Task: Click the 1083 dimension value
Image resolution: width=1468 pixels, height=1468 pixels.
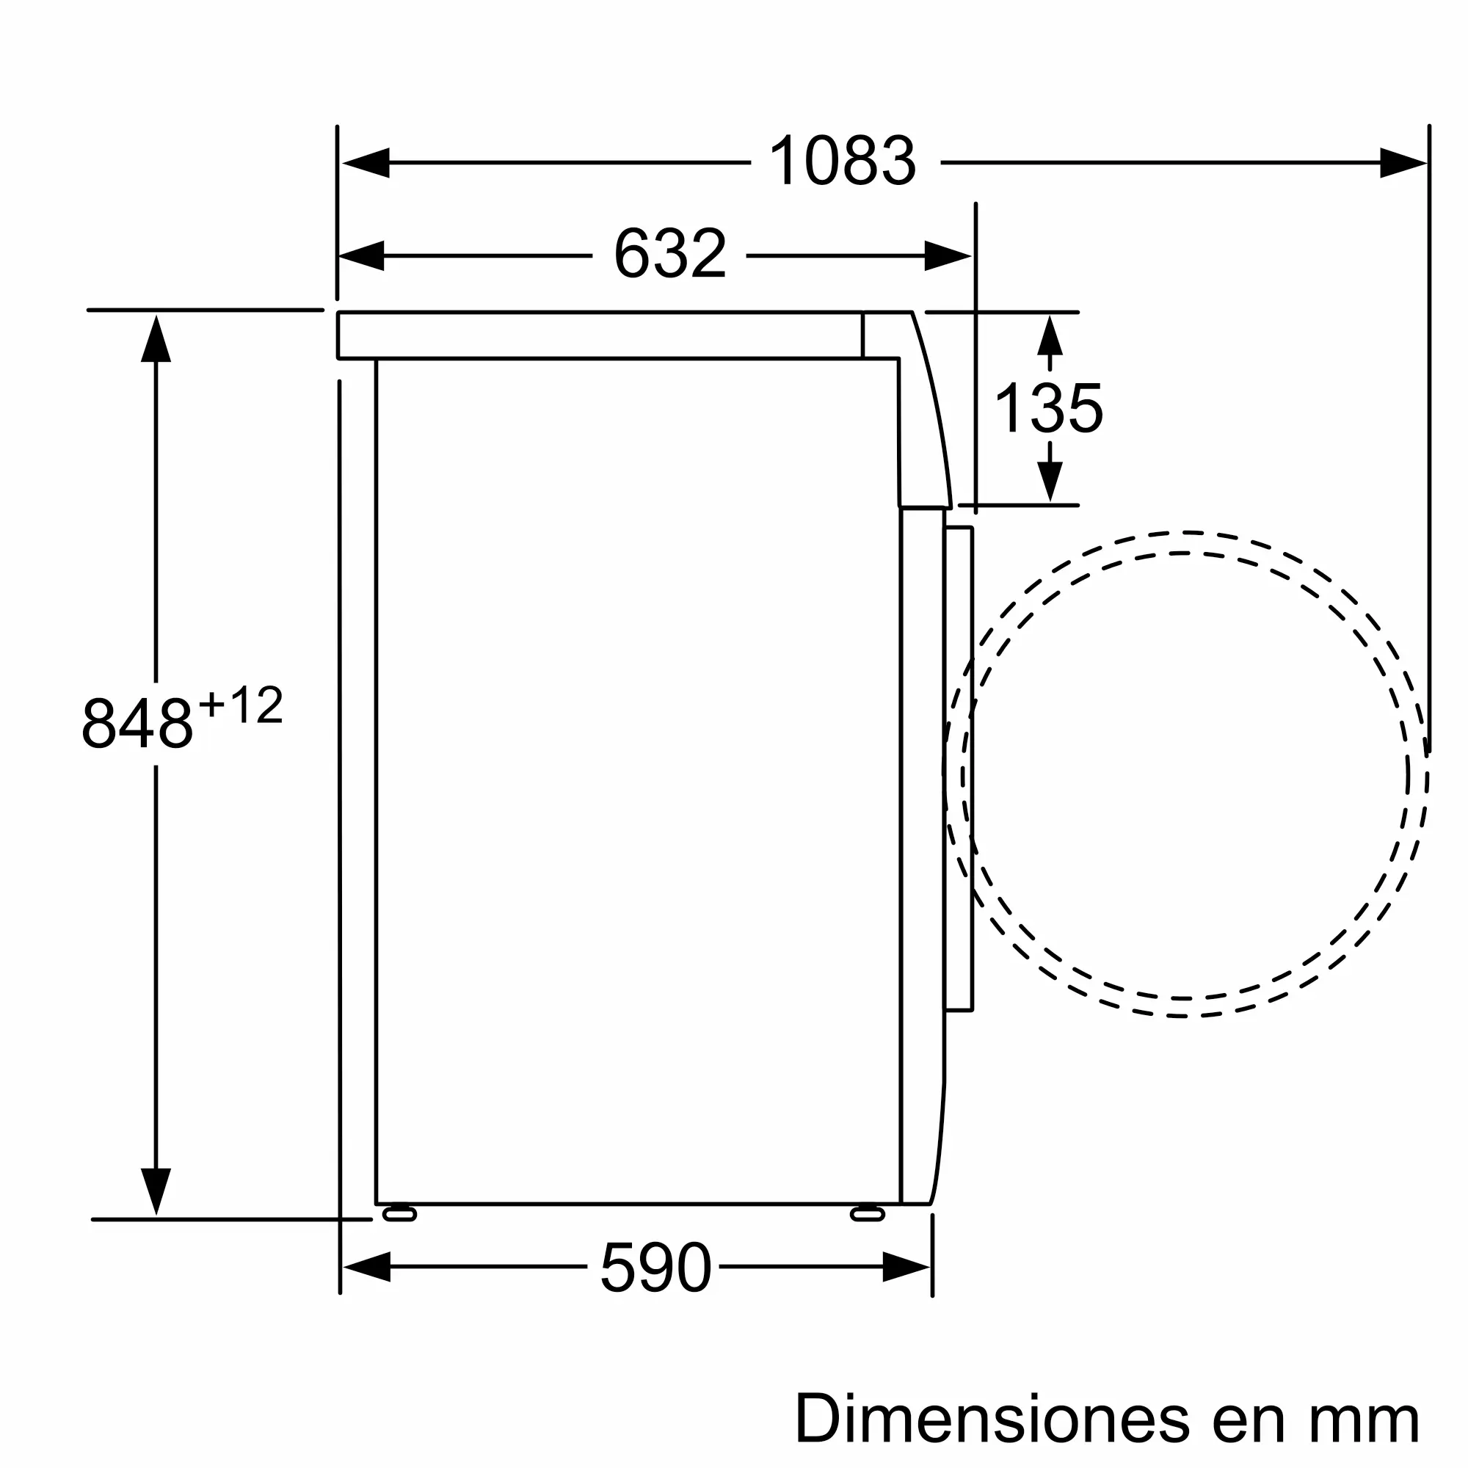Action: pos(842,160)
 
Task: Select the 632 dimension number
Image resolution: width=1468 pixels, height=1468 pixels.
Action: pos(669,253)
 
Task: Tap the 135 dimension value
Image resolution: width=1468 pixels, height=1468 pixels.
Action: pos(1049,408)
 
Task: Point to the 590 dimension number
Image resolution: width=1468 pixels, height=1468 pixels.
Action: pos(655,1268)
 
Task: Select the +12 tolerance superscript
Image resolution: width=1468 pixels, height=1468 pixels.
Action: pos(240,705)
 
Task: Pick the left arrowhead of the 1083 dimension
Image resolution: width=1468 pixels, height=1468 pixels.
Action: pos(366,163)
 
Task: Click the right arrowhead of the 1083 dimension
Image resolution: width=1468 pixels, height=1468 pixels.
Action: pos(1403,163)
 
